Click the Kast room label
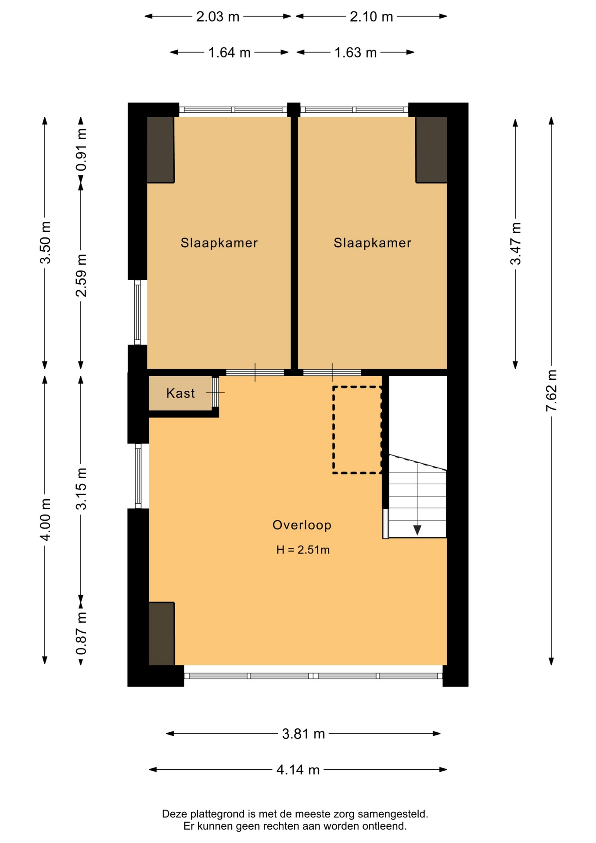pyautogui.click(x=180, y=393)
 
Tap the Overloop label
pyautogui.click(x=302, y=525)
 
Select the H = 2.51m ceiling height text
pyautogui.click(x=303, y=550)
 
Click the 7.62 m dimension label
pyautogui.click(x=551, y=390)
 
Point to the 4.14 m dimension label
pyautogui.click(x=298, y=770)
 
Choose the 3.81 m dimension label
pyautogui.click(x=303, y=734)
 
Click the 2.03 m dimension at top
pyautogui.click(x=218, y=17)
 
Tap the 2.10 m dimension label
pyautogui.click(x=371, y=17)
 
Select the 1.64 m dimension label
pyautogui.click(x=229, y=53)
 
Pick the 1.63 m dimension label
pyautogui.click(x=355, y=53)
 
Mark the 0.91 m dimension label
pyautogui.click(x=81, y=150)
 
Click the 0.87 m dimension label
pyautogui.click(x=81, y=634)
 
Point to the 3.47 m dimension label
pyautogui.click(x=515, y=243)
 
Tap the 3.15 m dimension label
pyautogui.click(x=81, y=488)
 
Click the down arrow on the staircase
pyautogui.click(x=417, y=530)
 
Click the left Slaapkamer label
pyautogui.click(x=219, y=243)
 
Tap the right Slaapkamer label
pyautogui.click(x=372, y=243)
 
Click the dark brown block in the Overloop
pyautogui.click(x=162, y=634)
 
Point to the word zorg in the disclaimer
pyautogui.click(x=345, y=814)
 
